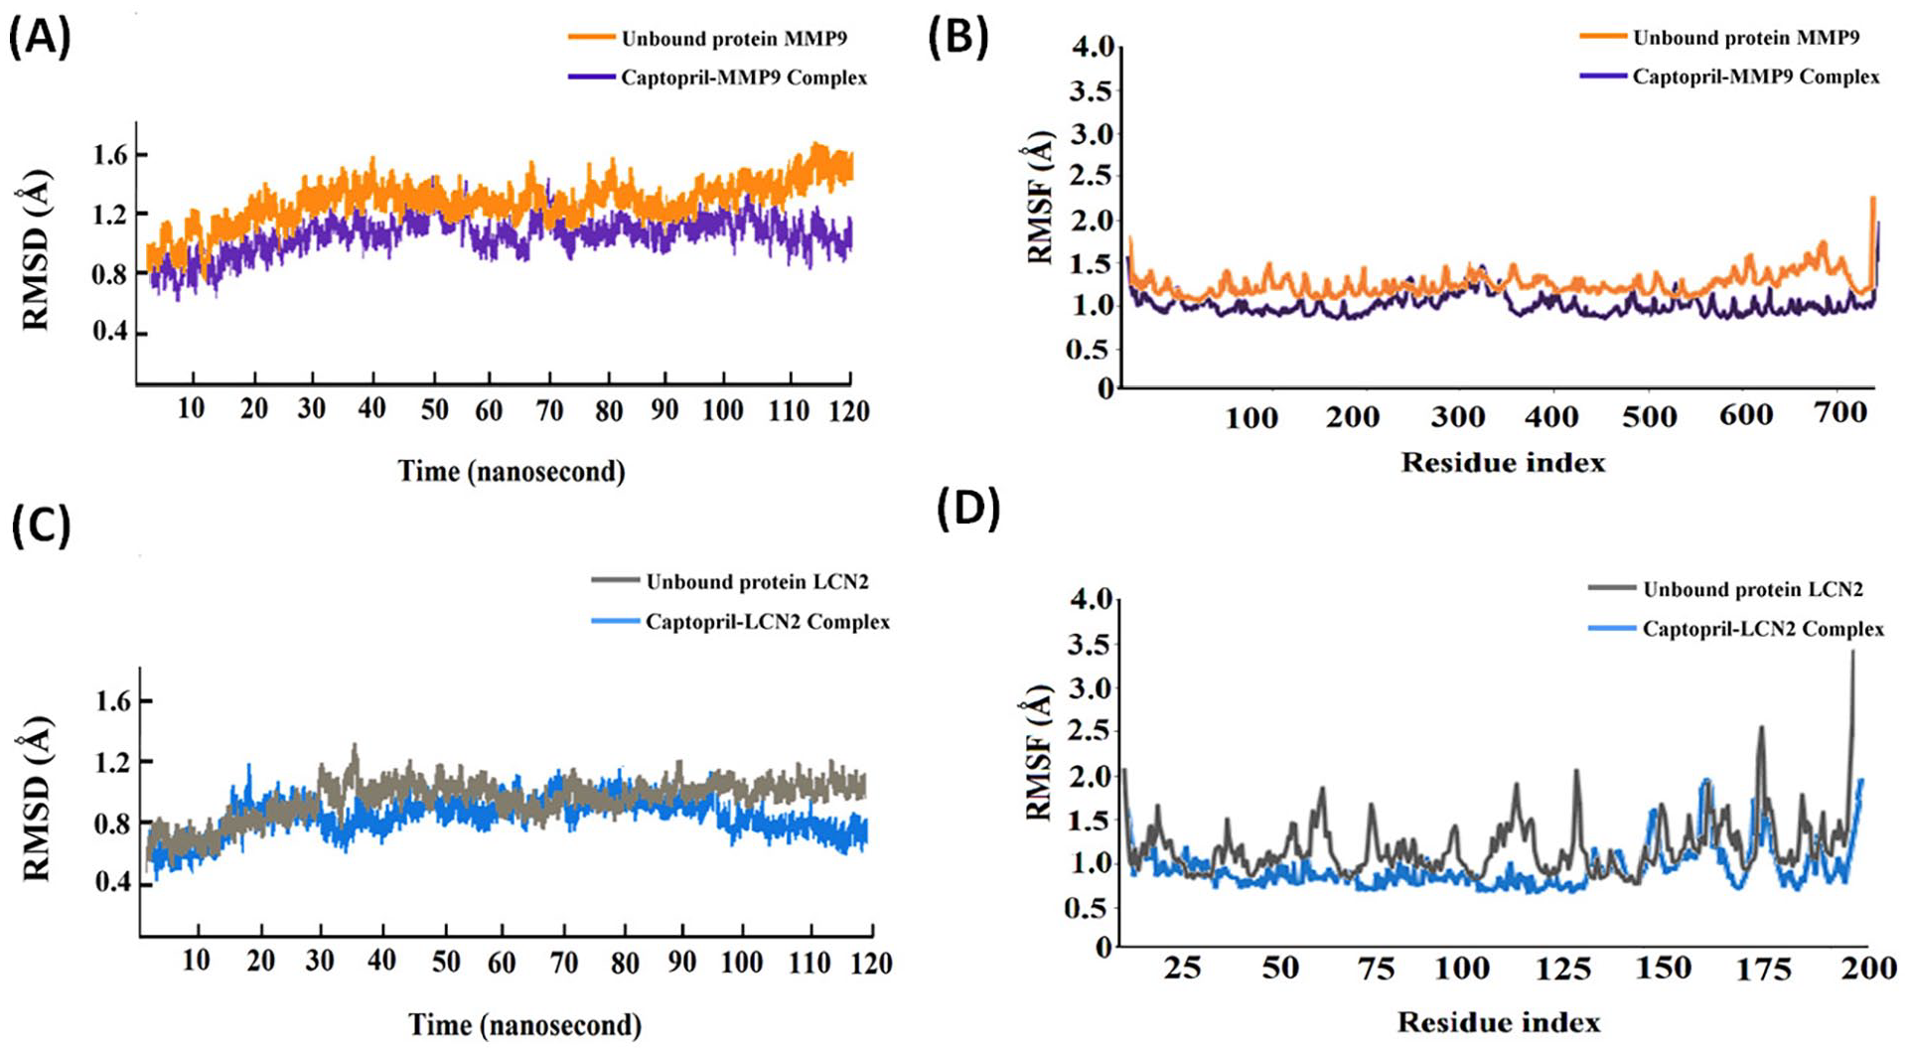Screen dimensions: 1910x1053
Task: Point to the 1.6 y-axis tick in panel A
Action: coord(111,155)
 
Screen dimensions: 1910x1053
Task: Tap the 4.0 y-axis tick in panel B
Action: coord(1091,47)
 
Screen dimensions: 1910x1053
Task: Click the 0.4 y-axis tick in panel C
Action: coord(111,882)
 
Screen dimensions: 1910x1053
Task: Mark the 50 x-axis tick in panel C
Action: coord(445,962)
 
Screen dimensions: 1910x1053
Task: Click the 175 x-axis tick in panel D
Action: coord(1765,968)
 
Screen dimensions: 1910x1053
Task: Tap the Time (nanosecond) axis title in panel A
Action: coord(512,471)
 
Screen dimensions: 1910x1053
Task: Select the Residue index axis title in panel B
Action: coord(1503,462)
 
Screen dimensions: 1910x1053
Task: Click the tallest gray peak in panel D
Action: coord(1852,653)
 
